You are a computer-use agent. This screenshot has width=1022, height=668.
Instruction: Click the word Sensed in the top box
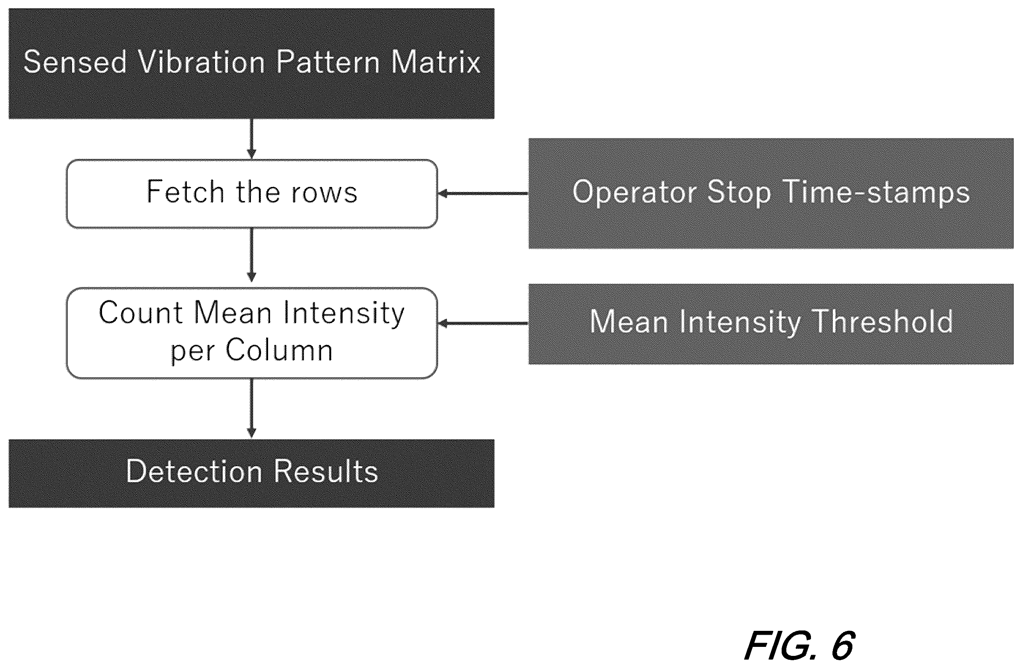coord(75,62)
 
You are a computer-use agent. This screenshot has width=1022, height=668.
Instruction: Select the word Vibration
coord(201,62)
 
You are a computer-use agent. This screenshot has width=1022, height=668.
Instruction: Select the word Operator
coord(634,193)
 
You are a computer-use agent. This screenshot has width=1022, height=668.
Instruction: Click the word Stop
coord(739,193)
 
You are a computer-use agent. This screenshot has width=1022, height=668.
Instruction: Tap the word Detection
coord(194,471)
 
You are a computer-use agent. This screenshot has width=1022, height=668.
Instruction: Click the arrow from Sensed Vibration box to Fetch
coord(252,139)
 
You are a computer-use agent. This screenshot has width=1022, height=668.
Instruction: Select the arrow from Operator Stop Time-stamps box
coord(483,193)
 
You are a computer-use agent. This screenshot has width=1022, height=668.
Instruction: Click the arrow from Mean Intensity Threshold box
coord(483,323)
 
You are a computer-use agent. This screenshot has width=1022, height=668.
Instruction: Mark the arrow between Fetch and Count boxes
coord(252,255)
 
